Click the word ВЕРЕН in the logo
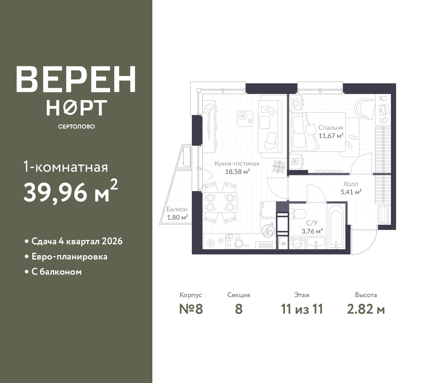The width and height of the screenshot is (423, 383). [76, 79]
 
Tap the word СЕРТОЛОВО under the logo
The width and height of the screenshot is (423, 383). [76, 126]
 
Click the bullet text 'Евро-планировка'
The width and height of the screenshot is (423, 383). [69, 257]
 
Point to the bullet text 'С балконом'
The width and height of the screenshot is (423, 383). [57, 272]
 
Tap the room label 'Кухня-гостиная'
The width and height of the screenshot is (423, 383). [237, 164]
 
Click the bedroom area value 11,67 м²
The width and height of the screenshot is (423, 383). [331, 136]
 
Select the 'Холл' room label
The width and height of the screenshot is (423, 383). [351, 184]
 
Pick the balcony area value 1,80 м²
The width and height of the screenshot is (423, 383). [177, 217]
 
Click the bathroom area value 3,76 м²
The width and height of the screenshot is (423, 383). [312, 231]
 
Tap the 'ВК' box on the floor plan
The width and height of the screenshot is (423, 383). [284, 244]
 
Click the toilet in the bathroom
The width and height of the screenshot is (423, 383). [297, 215]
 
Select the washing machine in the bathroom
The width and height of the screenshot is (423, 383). [297, 243]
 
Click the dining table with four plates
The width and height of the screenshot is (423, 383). [220, 202]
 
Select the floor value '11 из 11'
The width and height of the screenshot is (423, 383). [302, 309]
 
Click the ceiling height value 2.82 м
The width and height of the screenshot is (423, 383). [366, 309]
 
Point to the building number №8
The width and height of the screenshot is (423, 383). [191, 309]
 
